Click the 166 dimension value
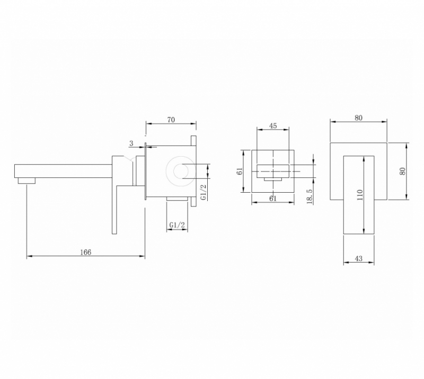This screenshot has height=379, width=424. point(86,252)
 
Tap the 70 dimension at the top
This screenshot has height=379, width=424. point(171,120)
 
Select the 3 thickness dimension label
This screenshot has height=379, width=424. point(131,143)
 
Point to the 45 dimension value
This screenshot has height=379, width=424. point(273,126)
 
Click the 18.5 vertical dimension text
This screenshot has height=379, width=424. point(310,196)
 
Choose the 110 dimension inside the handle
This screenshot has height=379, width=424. point(360,194)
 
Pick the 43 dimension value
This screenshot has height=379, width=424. point(359,258)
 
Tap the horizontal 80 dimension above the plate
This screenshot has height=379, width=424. point(359,118)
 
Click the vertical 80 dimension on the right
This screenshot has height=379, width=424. point(403,171)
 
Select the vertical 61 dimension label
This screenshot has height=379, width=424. point(240,172)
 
